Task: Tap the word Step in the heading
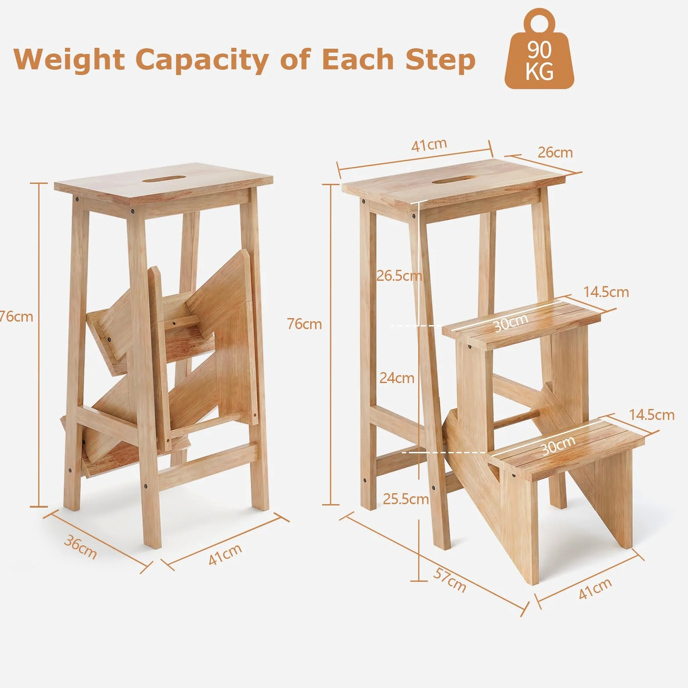click(x=440, y=61)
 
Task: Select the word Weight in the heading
click(x=69, y=60)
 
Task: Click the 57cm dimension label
click(x=450, y=579)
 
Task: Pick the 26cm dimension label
click(x=555, y=152)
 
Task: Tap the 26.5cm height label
click(x=399, y=276)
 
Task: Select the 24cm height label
click(x=397, y=377)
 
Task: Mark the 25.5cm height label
click(x=406, y=499)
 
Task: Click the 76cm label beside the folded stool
click(x=16, y=316)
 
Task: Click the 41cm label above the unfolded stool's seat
click(x=429, y=144)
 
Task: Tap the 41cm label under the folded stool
click(x=225, y=554)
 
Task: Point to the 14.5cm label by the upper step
click(x=606, y=292)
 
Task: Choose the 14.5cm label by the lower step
click(x=652, y=415)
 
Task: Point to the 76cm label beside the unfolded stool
click(x=304, y=324)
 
